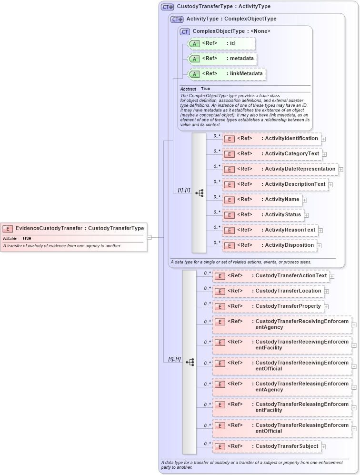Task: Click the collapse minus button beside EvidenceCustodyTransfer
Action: [x=149, y=237]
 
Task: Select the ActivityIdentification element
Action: [x=271, y=139]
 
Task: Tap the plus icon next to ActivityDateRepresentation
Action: [x=341, y=169]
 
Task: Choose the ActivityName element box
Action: [x=262, y=200]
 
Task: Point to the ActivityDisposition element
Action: [x=270, y=245]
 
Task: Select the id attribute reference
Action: [x=222, y=43]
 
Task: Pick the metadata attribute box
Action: [x=223, y=59]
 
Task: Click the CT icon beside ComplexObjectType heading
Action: [x=185, y=31]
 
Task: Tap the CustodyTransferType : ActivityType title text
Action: [x=223, y=7]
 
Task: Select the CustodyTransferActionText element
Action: [x=270, y=276]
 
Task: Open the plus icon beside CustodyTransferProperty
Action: [x=326, y=306]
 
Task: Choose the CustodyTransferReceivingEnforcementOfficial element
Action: [x=283, y=366]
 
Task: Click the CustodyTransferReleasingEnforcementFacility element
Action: [x=283, y=407]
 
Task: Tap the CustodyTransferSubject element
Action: [x=266, y=446]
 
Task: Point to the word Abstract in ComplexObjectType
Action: [x=188, y=89]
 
